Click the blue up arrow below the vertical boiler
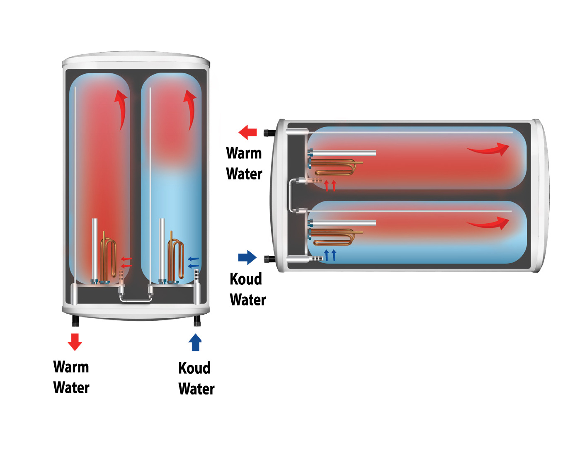point(195,342)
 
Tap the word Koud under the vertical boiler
point(194,368)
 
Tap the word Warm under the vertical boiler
point(71,367)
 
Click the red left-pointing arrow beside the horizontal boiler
point(248,132)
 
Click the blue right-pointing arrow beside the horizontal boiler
point(247,257)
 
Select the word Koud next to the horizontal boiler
point(245,279)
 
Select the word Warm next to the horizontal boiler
point(244,153)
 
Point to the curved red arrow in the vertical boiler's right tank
point(190,108)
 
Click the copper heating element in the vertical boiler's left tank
point(109,257)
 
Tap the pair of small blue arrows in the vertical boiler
point(193,262)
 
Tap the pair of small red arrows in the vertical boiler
point(126,262)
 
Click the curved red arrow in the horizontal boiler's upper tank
point(489,149)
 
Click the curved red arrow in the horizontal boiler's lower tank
point(489,223)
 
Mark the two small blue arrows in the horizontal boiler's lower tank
point(330,255)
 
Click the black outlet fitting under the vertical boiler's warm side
point(75,320)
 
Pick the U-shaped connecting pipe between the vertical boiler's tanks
point(136,299)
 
